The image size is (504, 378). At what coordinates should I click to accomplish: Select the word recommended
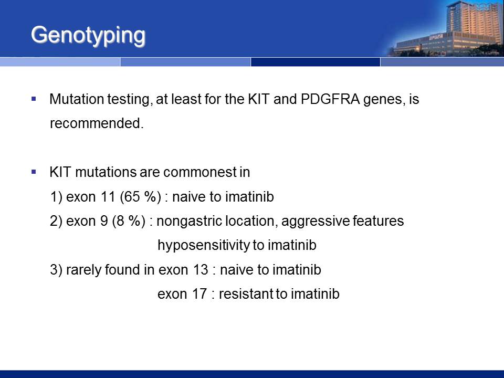[97, 123]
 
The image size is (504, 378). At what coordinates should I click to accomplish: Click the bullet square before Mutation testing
[34, 99]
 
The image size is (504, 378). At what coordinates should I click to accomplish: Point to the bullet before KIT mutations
[34, 172]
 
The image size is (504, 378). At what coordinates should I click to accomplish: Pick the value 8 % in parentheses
[129, 221]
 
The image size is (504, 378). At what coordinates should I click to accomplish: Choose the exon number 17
[199, 294]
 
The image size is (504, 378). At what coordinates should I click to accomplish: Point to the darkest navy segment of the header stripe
[316, 62]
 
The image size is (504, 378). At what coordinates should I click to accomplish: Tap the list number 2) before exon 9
[56, 221]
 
